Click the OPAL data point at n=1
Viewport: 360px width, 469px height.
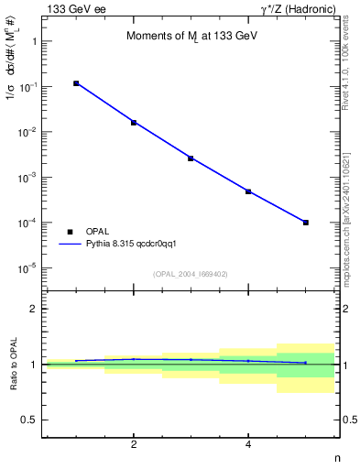(x=76, y=83)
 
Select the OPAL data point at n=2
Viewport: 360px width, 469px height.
(x=134, y=122)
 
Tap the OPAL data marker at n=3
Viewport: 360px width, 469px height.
(x=191, y=158)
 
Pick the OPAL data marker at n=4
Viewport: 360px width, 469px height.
(x=248, y=191)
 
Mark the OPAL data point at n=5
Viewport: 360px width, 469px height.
(x=306, y=223)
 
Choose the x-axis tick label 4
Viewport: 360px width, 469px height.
(x=248, y=445)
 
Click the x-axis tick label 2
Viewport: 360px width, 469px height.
(x=134, y=445)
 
